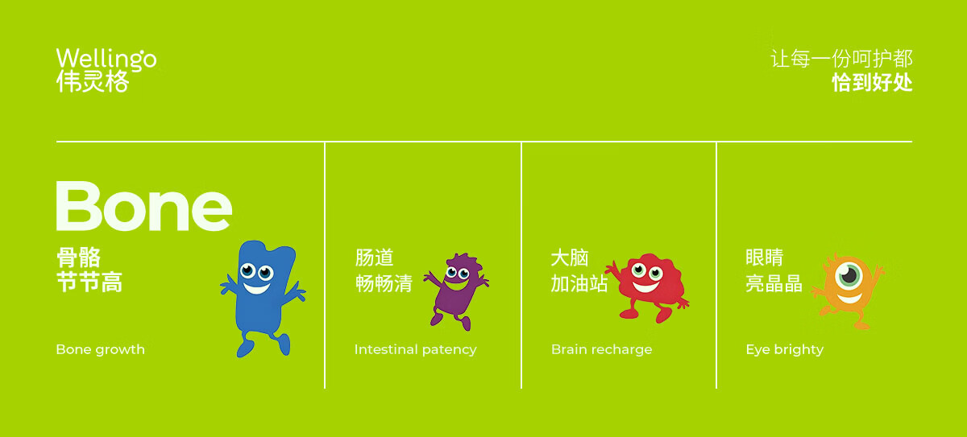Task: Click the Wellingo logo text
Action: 106,59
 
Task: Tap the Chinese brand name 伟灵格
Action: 93,81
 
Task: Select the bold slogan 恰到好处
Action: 872,82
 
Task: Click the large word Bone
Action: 144,206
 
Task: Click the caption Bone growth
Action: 101,349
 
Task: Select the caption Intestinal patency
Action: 415,349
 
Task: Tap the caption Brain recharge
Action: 602,349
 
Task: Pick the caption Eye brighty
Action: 785,349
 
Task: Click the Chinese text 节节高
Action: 89,282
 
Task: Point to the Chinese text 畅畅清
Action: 384,283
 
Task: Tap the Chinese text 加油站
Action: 579,283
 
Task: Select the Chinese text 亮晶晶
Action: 774,283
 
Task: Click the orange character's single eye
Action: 849,275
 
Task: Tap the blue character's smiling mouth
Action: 256,288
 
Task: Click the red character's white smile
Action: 645,287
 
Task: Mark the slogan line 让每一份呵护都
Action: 842,59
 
